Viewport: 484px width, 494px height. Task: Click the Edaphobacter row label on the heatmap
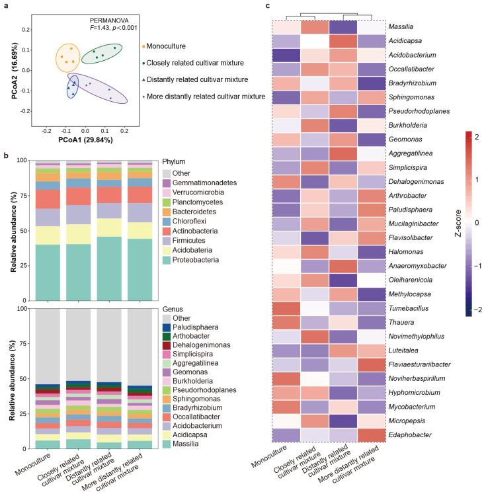click(411, 434)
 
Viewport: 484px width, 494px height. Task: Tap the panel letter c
click(266, 6)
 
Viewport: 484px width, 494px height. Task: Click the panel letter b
click(5, 155)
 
